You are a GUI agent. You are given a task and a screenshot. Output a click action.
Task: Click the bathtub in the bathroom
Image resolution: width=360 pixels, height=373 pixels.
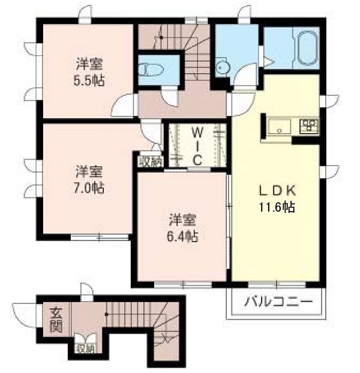click(308, 49)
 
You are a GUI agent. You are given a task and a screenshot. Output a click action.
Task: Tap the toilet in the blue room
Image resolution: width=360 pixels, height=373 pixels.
click(151, 69)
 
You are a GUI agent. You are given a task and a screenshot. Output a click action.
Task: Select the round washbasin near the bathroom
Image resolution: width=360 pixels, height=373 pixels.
click(223, 67)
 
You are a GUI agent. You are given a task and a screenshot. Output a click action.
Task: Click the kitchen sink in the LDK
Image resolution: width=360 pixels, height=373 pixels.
click(280, 126)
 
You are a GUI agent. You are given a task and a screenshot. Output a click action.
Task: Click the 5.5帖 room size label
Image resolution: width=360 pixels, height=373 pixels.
click(89, 80)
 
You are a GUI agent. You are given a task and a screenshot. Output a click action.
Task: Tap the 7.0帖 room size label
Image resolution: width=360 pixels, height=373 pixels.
click(89, 188)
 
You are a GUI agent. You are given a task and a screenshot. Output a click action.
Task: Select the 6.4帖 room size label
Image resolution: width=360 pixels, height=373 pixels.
click(182, 236)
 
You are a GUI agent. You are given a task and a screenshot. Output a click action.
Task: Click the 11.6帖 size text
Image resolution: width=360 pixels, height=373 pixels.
click(277, 207)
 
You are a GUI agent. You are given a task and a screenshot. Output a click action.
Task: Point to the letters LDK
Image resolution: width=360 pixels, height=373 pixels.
click(277, 191)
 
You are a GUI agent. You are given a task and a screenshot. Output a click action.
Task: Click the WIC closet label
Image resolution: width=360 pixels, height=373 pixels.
click(197, 146)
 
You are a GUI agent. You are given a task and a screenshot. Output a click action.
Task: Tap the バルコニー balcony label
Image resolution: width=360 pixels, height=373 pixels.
click(278, 302)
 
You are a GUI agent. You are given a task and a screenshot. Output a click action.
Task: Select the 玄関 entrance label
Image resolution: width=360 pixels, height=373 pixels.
click(56, 320)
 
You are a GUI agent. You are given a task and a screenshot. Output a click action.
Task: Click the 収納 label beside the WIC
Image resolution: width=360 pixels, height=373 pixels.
click(151, 162)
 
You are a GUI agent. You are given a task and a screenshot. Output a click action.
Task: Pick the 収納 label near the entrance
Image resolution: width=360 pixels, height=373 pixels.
click(85, 348)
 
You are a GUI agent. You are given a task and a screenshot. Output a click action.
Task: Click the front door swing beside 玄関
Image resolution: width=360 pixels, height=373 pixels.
click(24, 315)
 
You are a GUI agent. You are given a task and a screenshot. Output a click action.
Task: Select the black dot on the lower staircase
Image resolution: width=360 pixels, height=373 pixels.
click(106, 314)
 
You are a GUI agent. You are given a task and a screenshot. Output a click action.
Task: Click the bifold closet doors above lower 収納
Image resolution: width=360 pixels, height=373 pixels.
click(85, 338)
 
